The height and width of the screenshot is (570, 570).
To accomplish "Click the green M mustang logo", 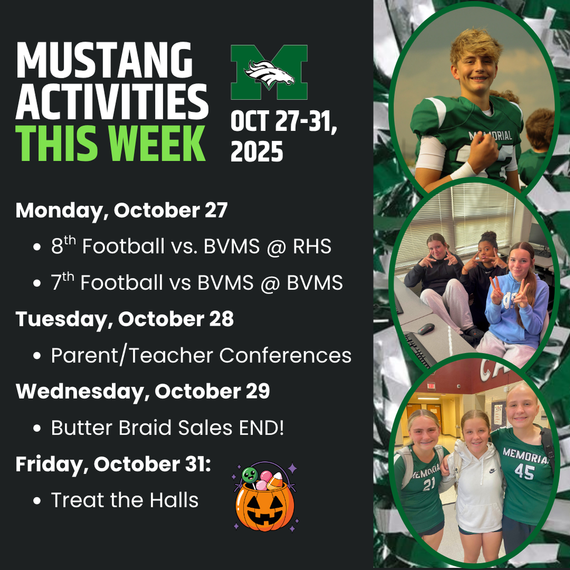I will [269, 71].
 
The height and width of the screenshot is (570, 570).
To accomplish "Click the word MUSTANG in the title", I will [104, 60].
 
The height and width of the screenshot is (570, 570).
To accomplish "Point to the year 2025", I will [257, 150].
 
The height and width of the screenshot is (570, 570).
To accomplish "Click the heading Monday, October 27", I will [121, 210].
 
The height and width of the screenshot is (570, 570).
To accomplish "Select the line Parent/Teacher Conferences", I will [201, 355].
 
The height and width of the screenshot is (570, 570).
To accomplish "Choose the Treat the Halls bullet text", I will [125, 500].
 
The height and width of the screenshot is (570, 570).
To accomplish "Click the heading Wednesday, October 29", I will [142, 391].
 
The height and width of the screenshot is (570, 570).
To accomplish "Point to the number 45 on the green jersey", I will [524, 473].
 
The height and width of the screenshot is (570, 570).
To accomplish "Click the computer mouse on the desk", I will [426, 328].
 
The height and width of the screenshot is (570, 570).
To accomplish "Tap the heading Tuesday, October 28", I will [124, 319].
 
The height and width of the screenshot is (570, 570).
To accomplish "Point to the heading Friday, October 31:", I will [113, 464].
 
